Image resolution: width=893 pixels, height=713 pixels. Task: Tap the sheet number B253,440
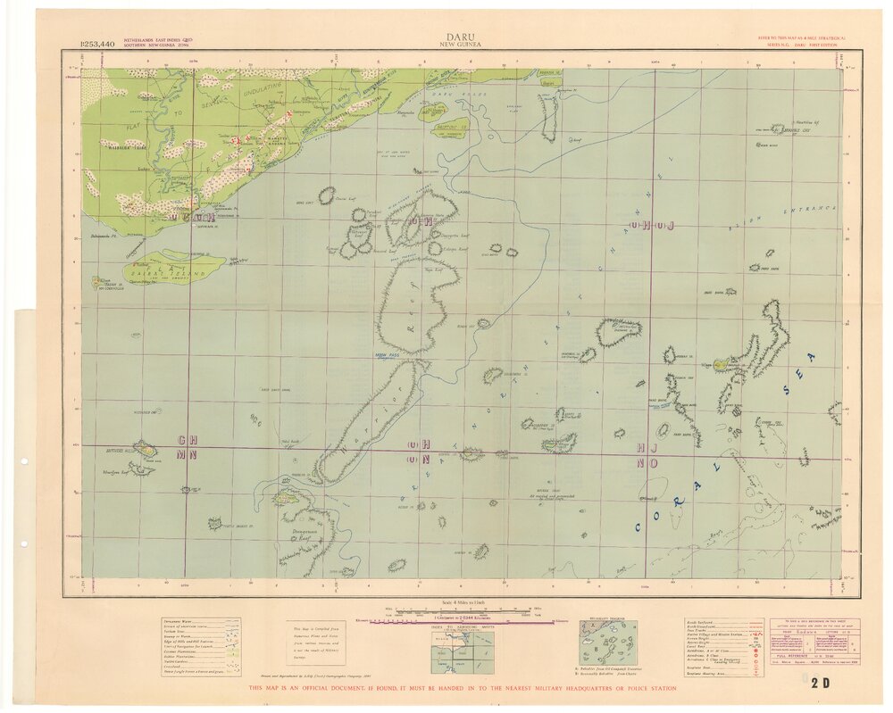click(x=96, y=43)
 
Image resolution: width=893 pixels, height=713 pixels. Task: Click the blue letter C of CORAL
click(x=639, y=527)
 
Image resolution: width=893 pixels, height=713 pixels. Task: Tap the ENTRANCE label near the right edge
click(x=806, y=211)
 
